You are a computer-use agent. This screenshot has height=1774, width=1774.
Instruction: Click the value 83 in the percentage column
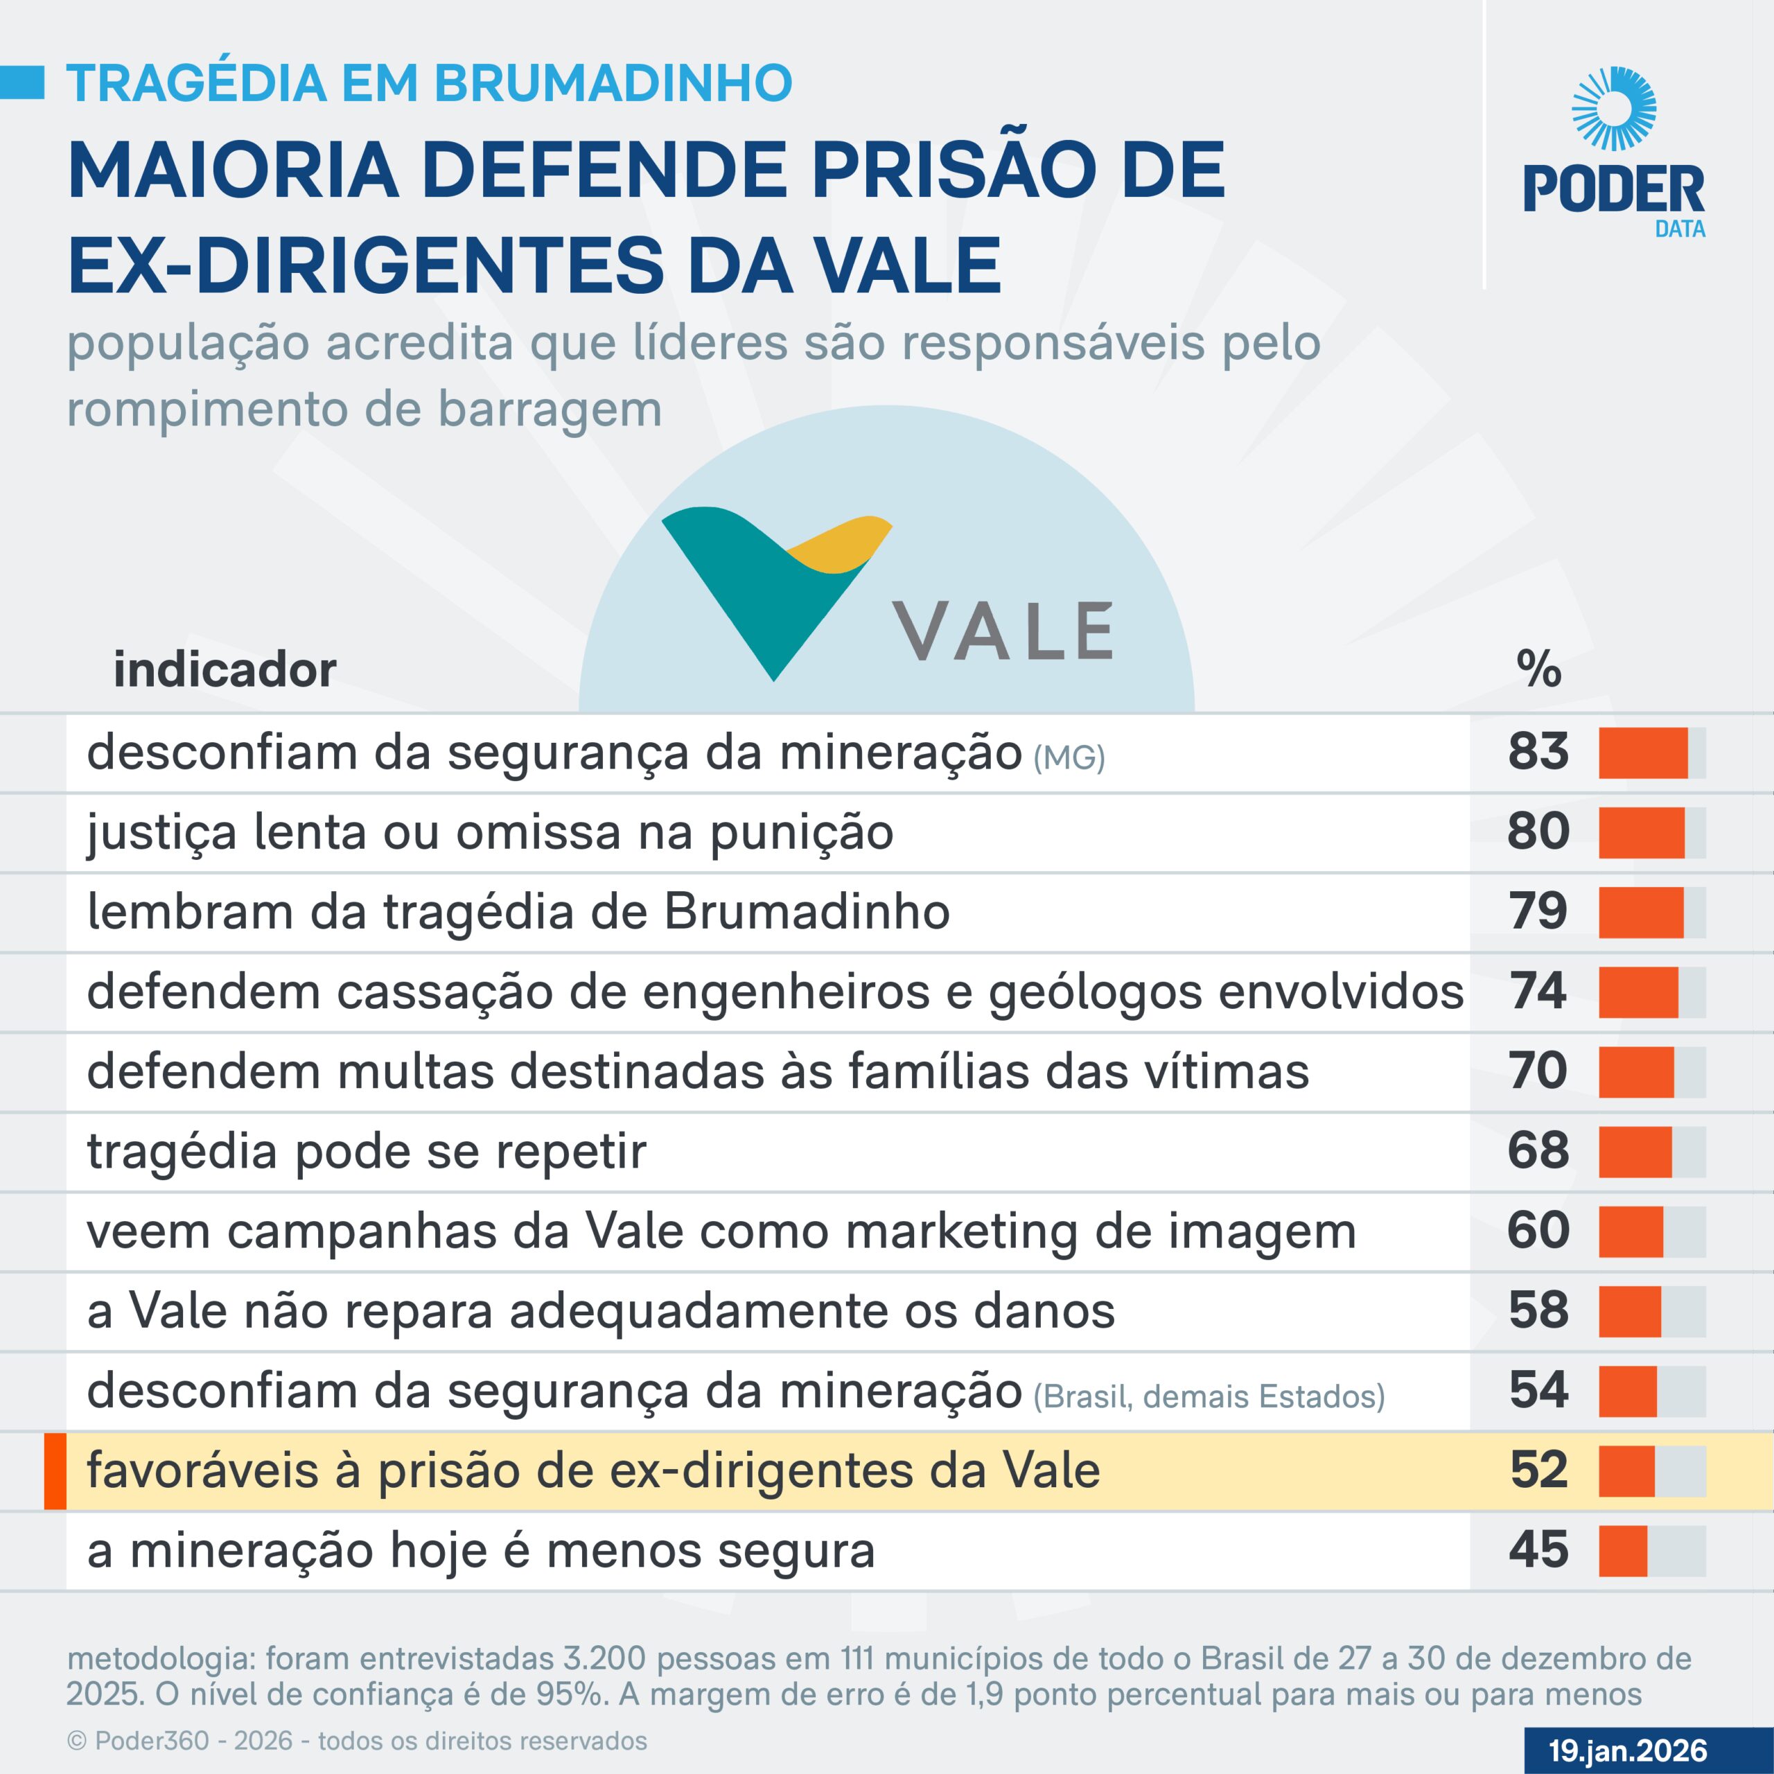(x=1538, y=751)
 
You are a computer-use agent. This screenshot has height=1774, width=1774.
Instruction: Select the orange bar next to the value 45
(x=1622, y=1551)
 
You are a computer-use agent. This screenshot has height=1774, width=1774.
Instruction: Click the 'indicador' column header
(x=225, y=670)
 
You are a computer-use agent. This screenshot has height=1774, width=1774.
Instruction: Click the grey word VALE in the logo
(x=1005, y=633)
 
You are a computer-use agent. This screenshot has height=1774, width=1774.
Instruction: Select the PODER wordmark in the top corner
(x=1613, y=190)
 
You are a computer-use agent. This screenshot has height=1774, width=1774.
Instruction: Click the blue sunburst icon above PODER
(x=1613, y=108)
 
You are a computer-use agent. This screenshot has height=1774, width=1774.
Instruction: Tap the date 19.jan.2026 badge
(x=1627, y=1750)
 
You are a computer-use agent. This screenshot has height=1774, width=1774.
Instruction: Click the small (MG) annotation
(x=1069, y=758)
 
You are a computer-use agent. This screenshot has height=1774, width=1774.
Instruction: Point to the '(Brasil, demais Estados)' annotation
(x=1209, y=1396)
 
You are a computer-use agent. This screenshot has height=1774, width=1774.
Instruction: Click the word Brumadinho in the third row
(x=807, y=913)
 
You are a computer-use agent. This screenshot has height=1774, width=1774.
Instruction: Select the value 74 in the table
(x=1538, y=991)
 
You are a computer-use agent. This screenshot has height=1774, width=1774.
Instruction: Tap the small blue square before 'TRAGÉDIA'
(x=22, y=82)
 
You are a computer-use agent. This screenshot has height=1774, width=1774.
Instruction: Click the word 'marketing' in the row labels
(x=961, y=1231)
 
